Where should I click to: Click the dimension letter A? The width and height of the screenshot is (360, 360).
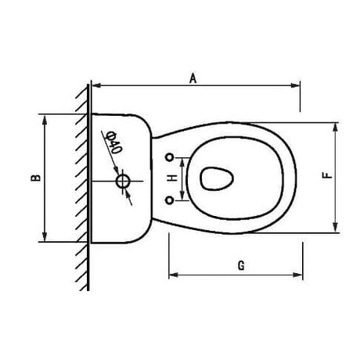(193, 78)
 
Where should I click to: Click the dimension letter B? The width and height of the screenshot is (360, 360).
(36, 178)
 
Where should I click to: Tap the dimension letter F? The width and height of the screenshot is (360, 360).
(328, 175)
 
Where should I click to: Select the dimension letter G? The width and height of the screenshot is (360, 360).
(241, 265)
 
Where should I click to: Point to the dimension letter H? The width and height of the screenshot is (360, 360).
(172, 178)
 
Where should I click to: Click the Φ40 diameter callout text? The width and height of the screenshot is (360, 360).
(113, 143)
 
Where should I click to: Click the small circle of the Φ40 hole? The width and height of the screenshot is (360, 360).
(123, 182)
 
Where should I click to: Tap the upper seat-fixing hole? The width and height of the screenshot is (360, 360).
(170, 157)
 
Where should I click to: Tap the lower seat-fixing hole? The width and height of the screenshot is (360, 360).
(170, 200)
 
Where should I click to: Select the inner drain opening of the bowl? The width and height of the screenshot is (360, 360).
(217, 178)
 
